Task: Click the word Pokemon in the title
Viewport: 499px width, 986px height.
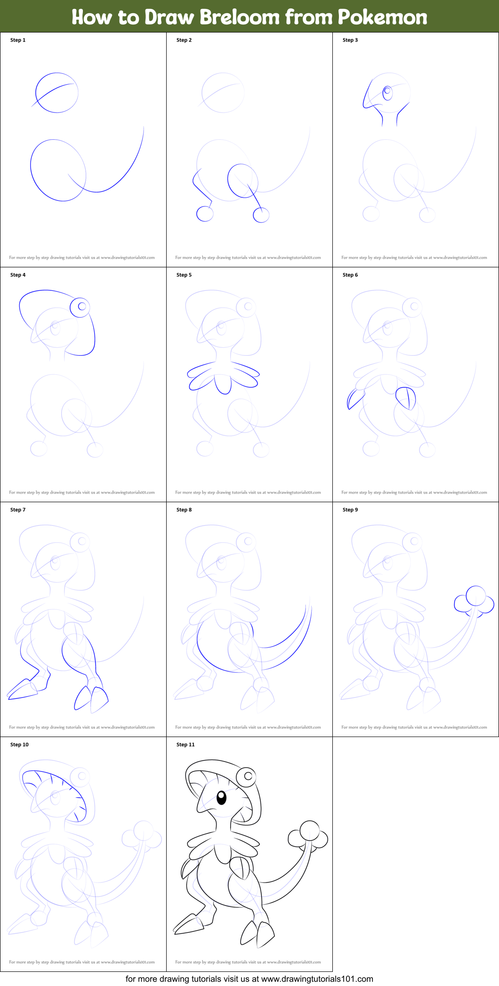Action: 382,17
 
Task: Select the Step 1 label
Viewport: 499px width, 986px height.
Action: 18,40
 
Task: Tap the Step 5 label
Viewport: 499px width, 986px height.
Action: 184,275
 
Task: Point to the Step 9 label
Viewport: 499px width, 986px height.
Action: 350,510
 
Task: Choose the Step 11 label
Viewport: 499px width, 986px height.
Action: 185,745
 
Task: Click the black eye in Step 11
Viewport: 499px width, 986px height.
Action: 221,797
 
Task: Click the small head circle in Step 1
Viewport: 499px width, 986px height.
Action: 57,93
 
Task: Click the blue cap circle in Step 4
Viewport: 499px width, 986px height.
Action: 80,307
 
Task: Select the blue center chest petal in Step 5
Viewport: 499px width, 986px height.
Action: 223,383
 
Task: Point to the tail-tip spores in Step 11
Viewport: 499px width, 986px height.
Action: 308,835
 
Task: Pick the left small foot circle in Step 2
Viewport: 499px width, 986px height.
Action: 205,214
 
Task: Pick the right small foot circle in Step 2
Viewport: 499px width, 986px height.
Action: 261,215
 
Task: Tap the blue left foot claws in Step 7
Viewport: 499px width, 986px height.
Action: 23,690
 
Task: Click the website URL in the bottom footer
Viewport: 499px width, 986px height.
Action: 317,979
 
